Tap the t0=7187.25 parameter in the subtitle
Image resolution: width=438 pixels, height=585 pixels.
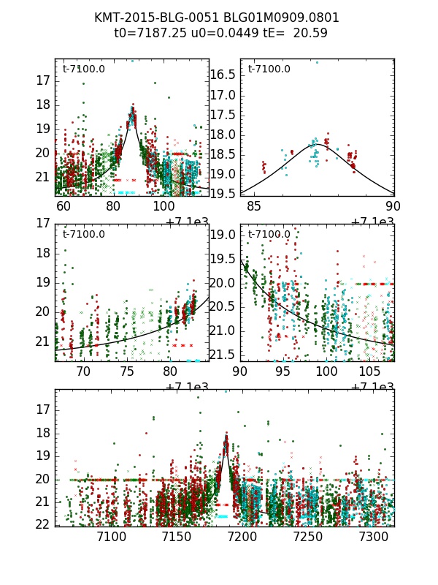click(150, 33)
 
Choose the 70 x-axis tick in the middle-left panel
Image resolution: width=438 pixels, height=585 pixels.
click(83, 371)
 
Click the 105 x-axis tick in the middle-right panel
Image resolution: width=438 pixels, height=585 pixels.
click(368, 371)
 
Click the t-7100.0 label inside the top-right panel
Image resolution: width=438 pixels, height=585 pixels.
click(269, 69)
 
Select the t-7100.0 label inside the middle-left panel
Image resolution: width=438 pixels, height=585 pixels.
click(83, 235)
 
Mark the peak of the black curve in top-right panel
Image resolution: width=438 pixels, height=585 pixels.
click(319, 145)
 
